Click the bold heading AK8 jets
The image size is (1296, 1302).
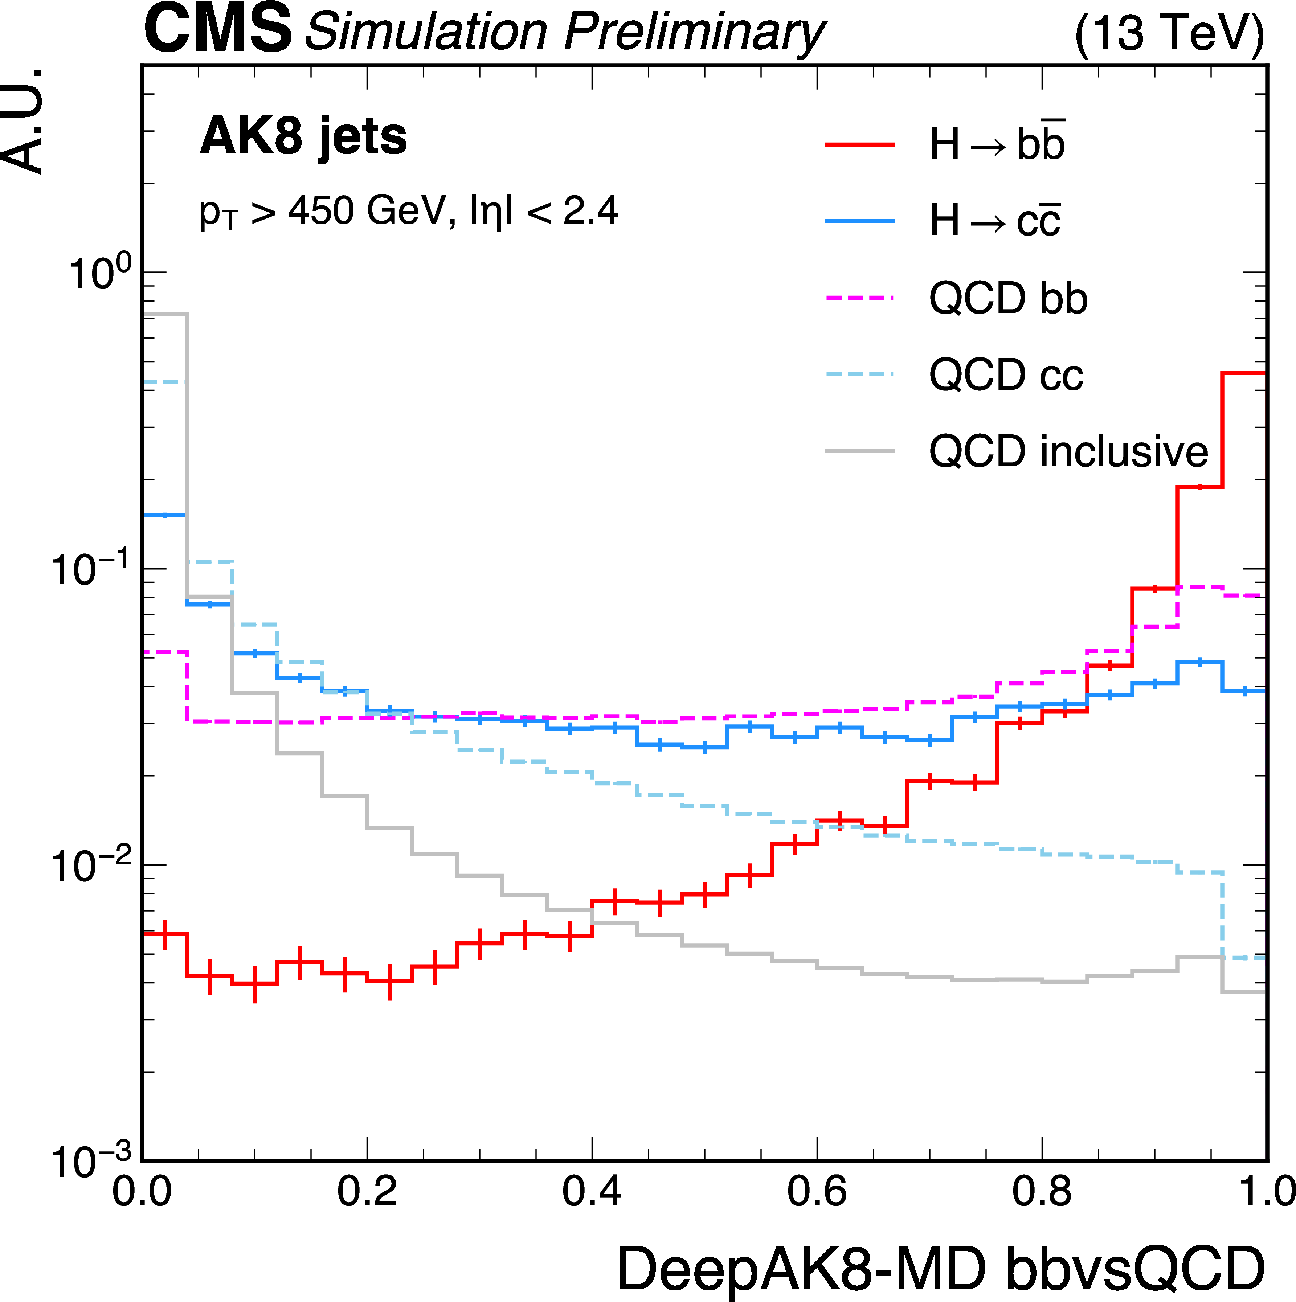(303, 137)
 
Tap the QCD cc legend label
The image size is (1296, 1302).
(1006, 375)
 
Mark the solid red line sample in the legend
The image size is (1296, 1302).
(860, 145)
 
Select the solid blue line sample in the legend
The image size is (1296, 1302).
(860, 221)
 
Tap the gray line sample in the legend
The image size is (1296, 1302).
(860, 451)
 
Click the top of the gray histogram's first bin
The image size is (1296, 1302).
(166, 314)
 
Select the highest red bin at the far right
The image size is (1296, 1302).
(1243, 373)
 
